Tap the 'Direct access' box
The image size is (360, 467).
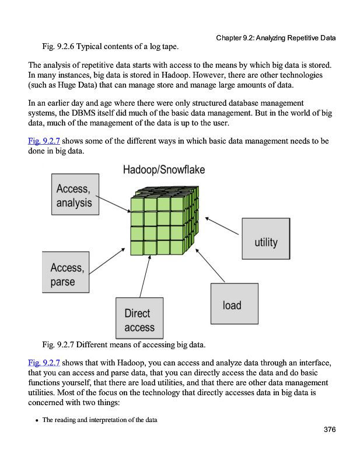coord(139,319)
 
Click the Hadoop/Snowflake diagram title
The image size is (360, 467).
coord(163,170)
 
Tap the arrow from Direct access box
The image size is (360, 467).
coord(145,277)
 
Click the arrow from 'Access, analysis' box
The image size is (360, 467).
coord(113,204)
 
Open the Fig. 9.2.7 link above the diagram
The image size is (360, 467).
coord(44,141)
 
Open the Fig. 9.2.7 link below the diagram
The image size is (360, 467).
coord(44,362)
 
